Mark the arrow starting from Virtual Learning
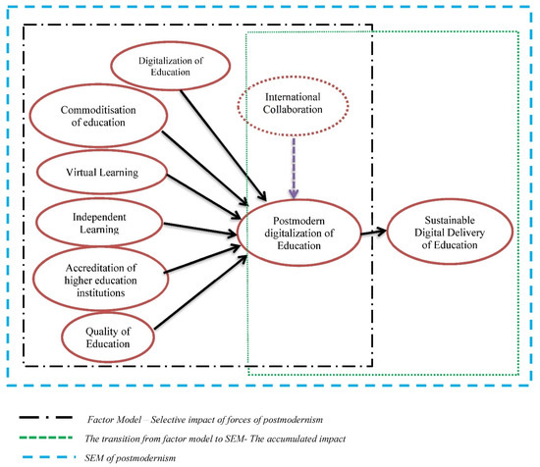click(201, 195)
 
